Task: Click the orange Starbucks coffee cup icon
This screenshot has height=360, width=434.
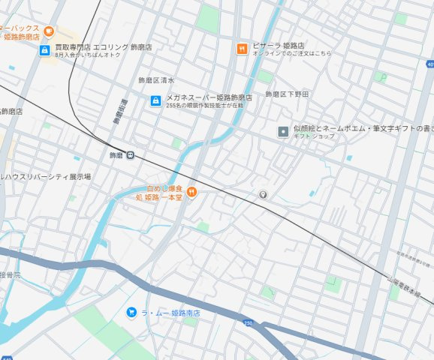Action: [49, 31]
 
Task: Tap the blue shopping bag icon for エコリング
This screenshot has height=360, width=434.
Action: [44, 50]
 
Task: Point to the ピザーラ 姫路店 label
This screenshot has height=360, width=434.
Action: [277, 45]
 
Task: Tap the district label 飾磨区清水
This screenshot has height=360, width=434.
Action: [156, 80]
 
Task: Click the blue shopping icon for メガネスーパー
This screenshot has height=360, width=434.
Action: [155, 100]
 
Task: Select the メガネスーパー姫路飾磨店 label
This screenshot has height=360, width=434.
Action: [209, 97]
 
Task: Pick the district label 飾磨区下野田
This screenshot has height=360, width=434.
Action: [287, 94]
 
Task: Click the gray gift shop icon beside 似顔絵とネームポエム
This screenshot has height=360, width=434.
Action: [282, 132]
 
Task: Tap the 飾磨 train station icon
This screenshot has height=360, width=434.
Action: [131, 155]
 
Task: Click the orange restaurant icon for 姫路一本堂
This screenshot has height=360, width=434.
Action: [191, 192]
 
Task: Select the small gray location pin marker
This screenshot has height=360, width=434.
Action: [263, 195]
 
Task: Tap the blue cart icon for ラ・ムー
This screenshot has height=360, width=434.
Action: [131, 312]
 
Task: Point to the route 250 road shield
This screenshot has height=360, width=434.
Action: [249, 322]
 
